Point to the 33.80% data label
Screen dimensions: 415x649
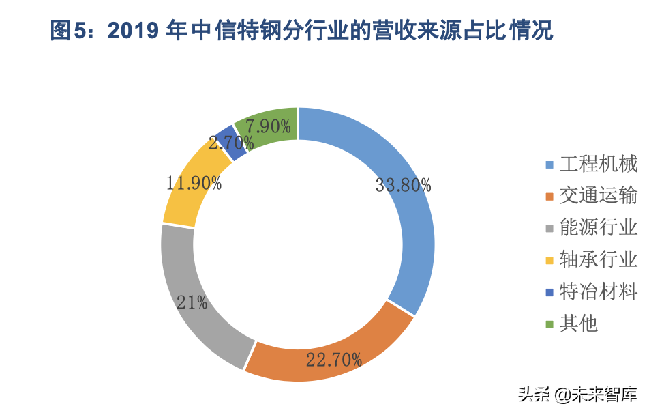[403, 185]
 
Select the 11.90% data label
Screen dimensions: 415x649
[194, 183]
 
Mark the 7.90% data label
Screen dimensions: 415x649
[269, 127]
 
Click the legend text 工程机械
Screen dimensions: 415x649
[598, 164]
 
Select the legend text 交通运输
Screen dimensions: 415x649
[598, 196]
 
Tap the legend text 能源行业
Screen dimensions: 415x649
[598, 227]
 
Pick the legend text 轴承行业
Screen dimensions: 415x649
[598, 259]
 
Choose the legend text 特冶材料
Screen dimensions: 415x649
[598, 291]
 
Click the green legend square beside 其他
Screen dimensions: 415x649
[549, 324]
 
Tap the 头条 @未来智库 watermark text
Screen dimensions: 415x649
[577, 395]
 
